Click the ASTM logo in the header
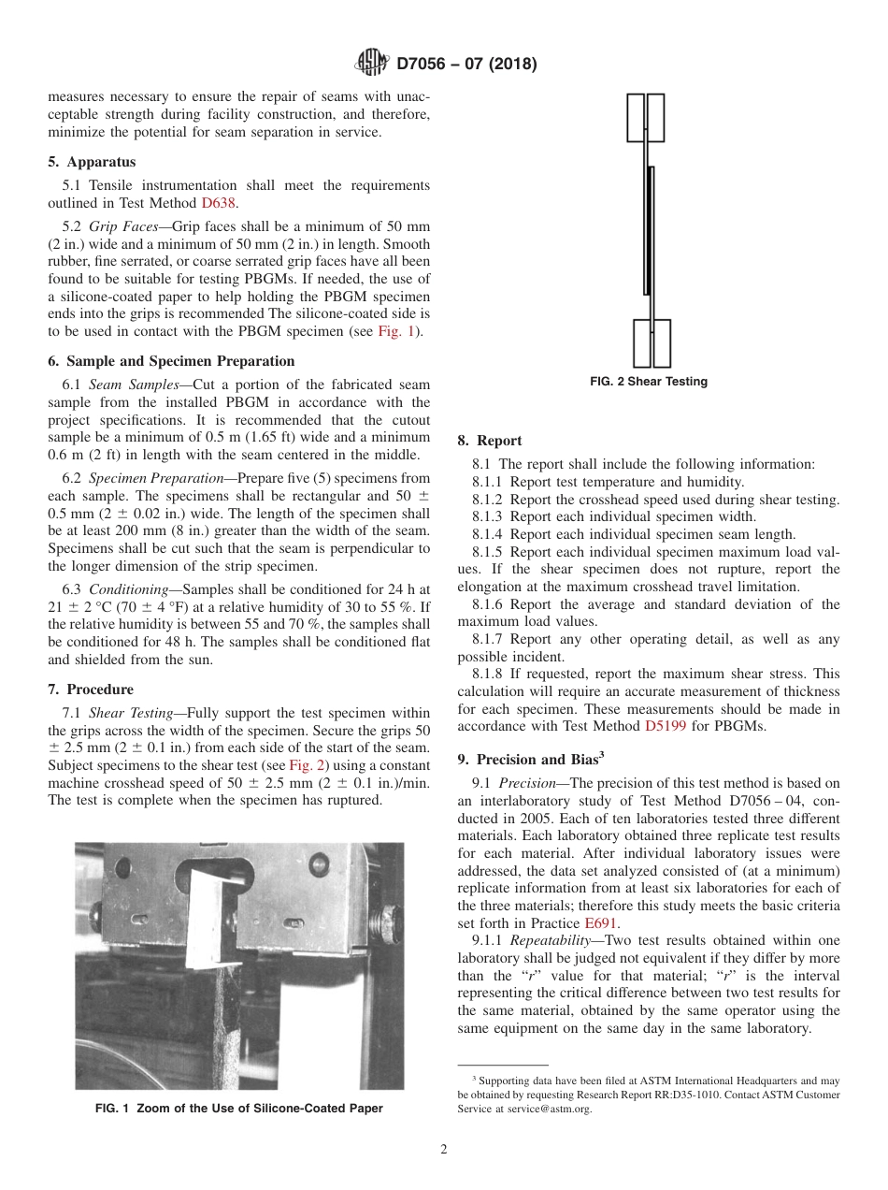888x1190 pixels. point(372,64)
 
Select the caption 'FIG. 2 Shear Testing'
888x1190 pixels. point(648,382)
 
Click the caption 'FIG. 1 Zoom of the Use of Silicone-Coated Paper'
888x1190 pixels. point(239,1109)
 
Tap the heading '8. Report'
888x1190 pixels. point(490,441)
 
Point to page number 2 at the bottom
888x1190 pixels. point(444,1150)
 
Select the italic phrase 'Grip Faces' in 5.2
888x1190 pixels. point(122,226)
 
